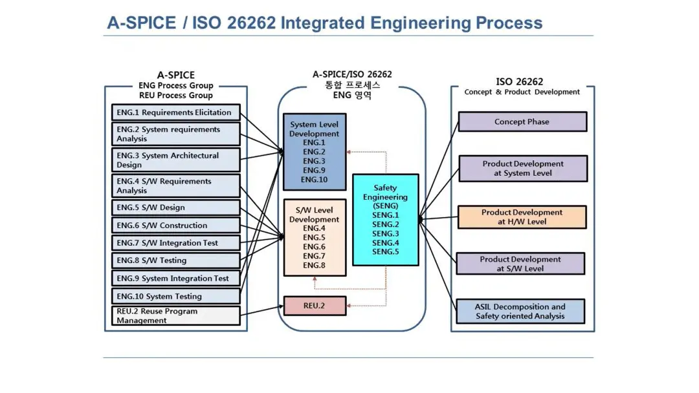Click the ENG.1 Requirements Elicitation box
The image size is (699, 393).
point(175,112)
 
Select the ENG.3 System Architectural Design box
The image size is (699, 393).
point(175,160)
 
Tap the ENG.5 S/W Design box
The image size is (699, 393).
point(175,207)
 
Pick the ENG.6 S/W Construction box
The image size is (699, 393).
point(175,226)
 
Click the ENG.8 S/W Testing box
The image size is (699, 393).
point(175,260)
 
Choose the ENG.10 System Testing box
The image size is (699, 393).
point(175,296)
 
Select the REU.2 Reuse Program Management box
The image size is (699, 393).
point(175,315)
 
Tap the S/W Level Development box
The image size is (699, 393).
point(315,237)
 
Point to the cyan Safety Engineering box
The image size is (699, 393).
point(385,220)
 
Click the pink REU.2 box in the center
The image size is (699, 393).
point(315,305)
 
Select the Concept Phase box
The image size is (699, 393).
point(522,122)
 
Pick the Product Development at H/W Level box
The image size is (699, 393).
point(522,217)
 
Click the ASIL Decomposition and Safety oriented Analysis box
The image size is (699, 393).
point(520,312)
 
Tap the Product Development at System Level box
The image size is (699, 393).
point(523,169)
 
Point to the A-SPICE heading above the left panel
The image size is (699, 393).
point(175,75)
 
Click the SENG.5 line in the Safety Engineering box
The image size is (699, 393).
point(385,251)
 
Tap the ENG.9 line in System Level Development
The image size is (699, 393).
point(315,170)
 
